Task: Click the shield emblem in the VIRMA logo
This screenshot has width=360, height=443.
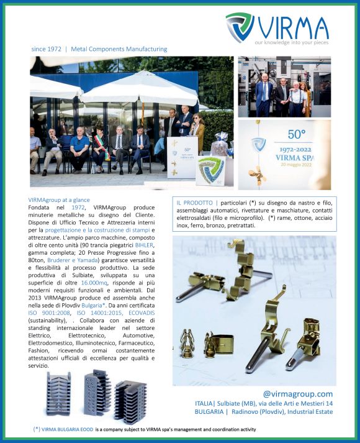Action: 240,28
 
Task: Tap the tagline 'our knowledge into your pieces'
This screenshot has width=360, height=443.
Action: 291,42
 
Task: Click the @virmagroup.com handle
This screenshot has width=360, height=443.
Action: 298,394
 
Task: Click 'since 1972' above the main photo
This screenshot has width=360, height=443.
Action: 47,49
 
